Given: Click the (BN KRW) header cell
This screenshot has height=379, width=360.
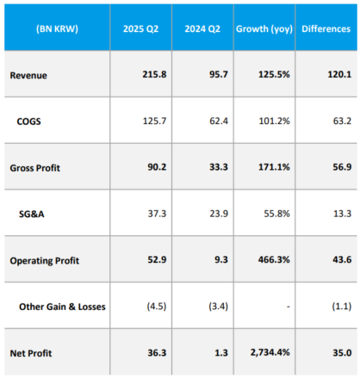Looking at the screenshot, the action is click(x=57, y=28).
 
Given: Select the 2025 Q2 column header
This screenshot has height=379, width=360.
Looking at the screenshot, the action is click(x=140, y=28).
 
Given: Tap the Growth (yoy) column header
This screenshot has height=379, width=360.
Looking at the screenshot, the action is click(x=264, y=28).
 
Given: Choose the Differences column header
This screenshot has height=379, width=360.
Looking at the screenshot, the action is click(x=326, y=28).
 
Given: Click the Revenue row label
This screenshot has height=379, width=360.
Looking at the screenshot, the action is click(x=28, y=75).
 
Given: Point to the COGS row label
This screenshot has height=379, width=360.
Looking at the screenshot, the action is click(x=28, y=121).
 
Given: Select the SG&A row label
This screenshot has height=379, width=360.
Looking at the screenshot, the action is click(x=32, y=214).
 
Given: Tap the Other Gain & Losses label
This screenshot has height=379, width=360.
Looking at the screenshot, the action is click(x=62, y=307).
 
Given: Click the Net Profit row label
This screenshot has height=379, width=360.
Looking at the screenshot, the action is click(x=31, y=353).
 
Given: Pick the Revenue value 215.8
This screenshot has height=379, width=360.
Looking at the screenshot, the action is click(x=154, y=74).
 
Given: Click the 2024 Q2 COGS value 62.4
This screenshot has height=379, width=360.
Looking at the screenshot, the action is click(x=219, y=121).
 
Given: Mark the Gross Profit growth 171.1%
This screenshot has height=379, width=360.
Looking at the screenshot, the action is click(x=274, y=167).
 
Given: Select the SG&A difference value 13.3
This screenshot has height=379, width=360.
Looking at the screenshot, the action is click(x=342, y=214).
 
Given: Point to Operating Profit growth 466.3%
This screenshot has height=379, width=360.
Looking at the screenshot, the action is click(x=274, y=260).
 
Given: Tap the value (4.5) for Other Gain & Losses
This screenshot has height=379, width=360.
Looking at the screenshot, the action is click(x=157, y=306).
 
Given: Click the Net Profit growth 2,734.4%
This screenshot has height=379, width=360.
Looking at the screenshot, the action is click(x=270, y=352).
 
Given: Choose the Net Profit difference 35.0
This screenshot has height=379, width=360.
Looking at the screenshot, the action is click(x=342, y=352).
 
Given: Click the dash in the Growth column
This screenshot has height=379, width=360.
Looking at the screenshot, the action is click(x=289, y=307).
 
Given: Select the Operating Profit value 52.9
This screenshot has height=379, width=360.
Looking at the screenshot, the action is click(x=157, y=260).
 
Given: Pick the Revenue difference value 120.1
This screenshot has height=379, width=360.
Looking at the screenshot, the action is click(x=339, y=74).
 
